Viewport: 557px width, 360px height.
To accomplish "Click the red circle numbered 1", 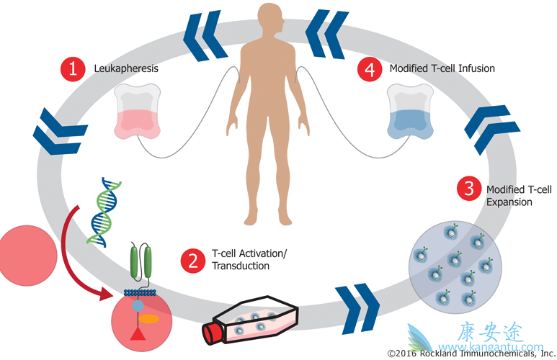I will coord(71,69).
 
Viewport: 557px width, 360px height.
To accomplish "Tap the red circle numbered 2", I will coord(192,259).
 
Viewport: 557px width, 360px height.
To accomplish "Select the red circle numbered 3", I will coord(468,189).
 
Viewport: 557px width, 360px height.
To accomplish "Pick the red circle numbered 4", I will coord(370,69).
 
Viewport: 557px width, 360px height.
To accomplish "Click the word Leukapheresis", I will coord(126,69).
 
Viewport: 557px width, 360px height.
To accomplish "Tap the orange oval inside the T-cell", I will coord(150,317).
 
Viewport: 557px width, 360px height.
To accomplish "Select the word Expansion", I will coord(509,202).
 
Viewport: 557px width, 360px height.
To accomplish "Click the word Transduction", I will coord(241,266).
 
